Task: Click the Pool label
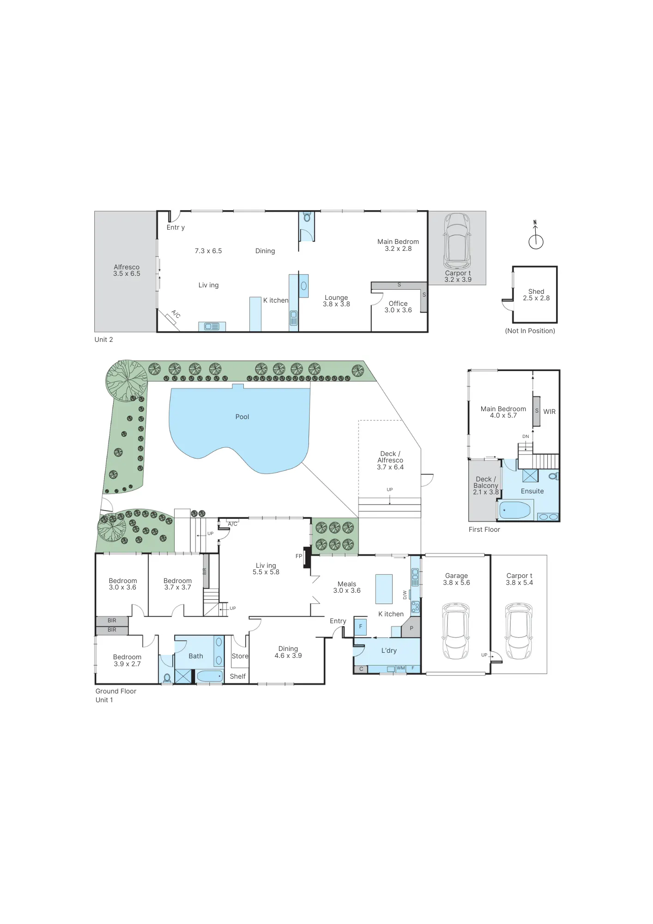pos(242,417)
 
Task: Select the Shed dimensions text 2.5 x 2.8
pos(536,298)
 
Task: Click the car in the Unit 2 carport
pos(457,241)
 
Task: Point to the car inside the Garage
pos(456,631)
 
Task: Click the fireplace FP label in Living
pos(299,556)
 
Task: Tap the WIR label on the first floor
pos(549,412)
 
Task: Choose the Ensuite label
pos(532,491)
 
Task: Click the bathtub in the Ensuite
pos(515,511)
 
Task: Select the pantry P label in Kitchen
pos(411,628)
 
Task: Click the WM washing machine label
pos(400,668)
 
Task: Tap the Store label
pos(240,656)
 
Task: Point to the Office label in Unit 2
pos(398,304)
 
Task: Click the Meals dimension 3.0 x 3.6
pos(347,590)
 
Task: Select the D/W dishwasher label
pos(405,595)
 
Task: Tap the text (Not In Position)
pos(530,331)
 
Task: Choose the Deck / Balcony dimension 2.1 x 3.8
pos(486,492)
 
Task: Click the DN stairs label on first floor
pos(526,436)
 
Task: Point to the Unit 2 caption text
pos(103,340)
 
